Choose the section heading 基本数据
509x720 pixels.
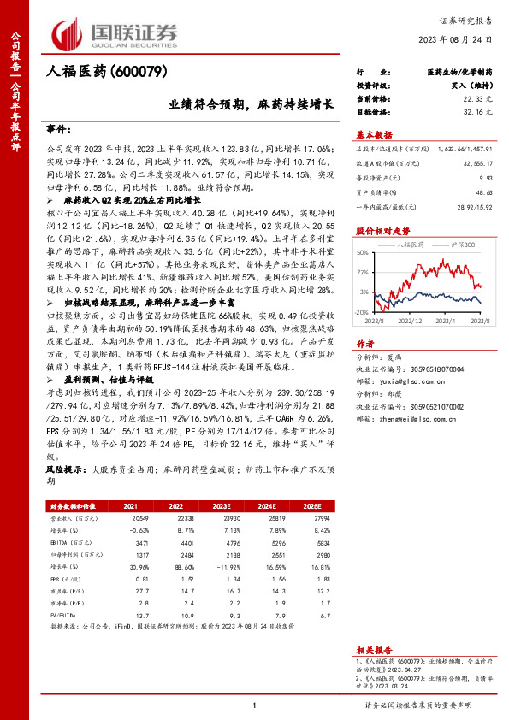[373, 135]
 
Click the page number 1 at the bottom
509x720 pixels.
[254, 705]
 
